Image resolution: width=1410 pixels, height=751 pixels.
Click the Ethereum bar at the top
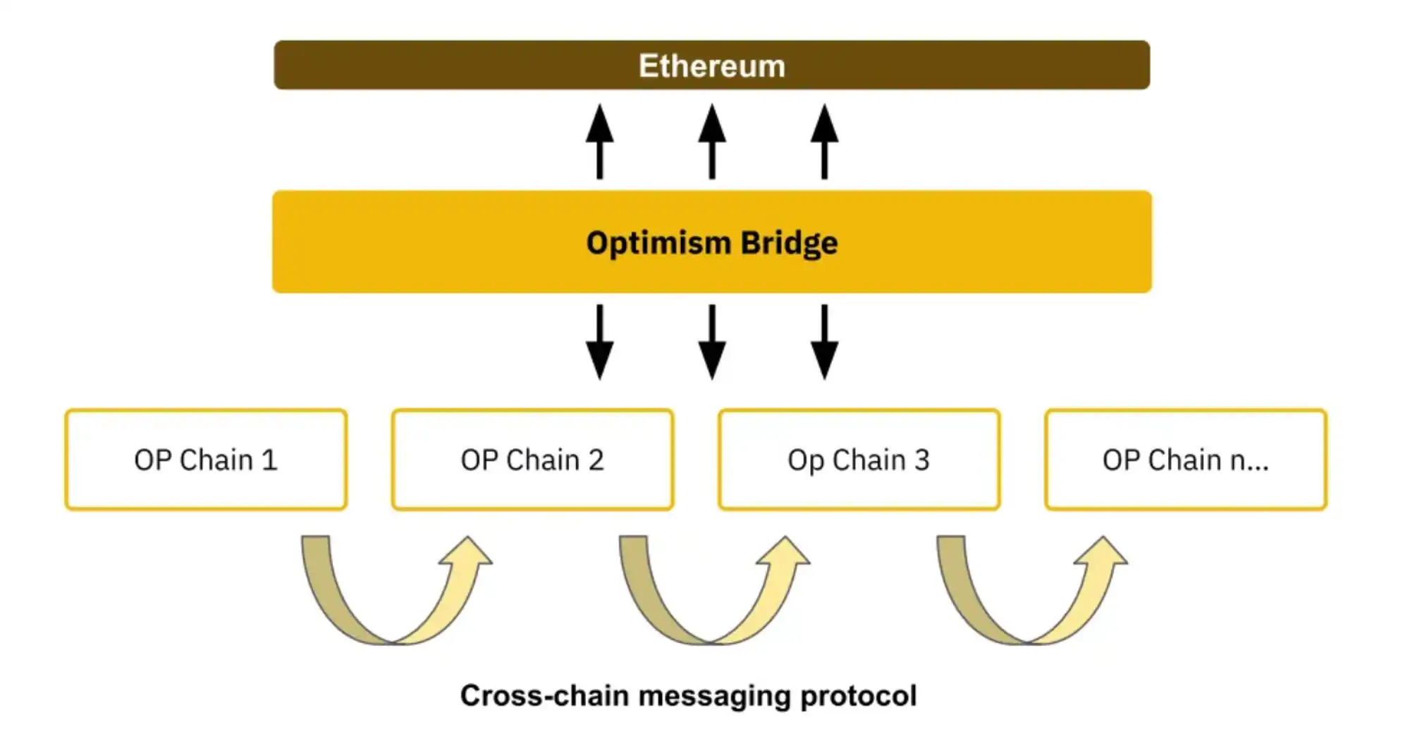[x=711, y=65]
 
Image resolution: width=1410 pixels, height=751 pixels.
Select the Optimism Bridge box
[x=711, y=242]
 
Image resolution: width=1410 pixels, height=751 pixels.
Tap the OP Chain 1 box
[x=206, y=460]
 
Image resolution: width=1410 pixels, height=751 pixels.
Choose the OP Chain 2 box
[x=532, y=460]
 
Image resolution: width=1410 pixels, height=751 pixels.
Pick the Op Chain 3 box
[x=859, y=460]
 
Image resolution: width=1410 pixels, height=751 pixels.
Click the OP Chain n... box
[x=1185, y=460]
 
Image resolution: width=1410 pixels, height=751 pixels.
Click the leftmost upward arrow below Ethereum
[x=599, y=141]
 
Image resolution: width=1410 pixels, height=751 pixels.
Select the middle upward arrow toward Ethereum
[x=712, y=141]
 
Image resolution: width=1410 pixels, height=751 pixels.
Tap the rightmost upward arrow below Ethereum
[x=824, y=141]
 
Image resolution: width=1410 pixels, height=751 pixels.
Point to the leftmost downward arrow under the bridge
[x=599, y=342]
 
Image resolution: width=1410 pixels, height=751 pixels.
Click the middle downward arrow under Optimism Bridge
[x=712, y=342]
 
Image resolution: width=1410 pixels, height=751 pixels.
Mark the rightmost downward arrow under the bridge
[x=824, y=342]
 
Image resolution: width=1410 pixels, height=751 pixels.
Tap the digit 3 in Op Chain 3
[x=922, y=460]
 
